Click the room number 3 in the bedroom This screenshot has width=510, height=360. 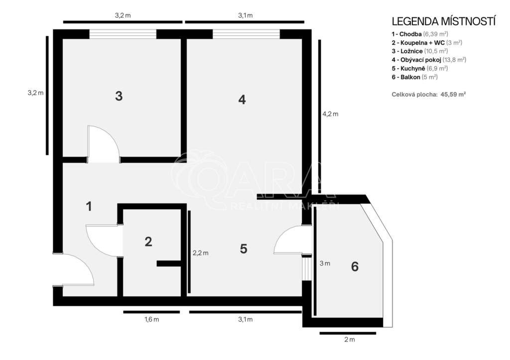(x=119, y=96)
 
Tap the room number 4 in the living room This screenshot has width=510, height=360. (x=242, y=100)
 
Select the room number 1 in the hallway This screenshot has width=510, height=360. (x=89, y=207)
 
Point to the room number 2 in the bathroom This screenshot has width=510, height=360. (x=148, y=241)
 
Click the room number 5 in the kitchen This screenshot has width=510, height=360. (x=244, y=249)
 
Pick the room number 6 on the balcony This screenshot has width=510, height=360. (x=355, y=267)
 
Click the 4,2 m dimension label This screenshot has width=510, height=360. (x=330, y=114)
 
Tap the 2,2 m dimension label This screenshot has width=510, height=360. (x=201, y=253)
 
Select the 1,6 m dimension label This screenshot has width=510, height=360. (x=152, y=319)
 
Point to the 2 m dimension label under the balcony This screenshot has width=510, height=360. (x=350, y=340)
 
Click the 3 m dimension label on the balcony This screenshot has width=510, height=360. (x=325, y=263)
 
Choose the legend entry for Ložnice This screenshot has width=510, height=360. (x=419, y=51)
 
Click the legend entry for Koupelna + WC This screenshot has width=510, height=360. (x=427, y=43)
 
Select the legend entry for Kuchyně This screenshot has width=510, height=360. (x=419, y=68)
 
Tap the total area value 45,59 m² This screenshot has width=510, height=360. (x=453, y=95)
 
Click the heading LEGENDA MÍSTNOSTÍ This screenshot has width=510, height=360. (x=444, y=21)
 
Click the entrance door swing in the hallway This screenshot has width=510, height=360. (x=85, y=264)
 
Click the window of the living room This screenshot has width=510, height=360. (x=246, y=34)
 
